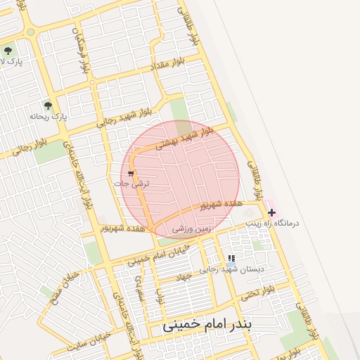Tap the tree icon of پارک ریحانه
(48, 105)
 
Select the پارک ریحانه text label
(49, 117)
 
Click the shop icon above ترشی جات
(131, 173)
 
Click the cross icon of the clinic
(271, 212)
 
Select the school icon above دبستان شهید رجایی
(231, 259)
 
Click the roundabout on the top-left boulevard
(30, 32)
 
